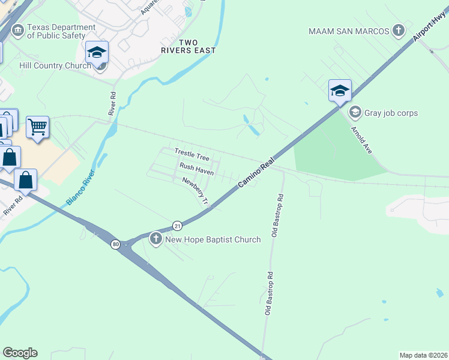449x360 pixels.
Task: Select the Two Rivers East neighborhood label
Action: (x=188, y=46)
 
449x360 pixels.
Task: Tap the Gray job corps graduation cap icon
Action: (x=355, y=112)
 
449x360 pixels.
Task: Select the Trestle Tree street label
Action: (x=191, y=155)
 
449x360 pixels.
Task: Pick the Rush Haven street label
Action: (x=196, y=169)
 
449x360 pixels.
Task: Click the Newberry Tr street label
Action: (x=195, y=190)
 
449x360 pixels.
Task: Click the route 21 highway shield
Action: (x=177, y=226)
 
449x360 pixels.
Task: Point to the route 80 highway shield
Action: (x=115, y=244)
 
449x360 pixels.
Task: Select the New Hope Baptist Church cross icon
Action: (x=155, y=239)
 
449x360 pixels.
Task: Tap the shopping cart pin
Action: (x=37, y=127)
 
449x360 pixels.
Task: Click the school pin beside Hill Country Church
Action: (x=97, y=53)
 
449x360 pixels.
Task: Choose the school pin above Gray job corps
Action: (x=340, y=91)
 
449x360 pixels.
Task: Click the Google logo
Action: (x=20, y=353)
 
